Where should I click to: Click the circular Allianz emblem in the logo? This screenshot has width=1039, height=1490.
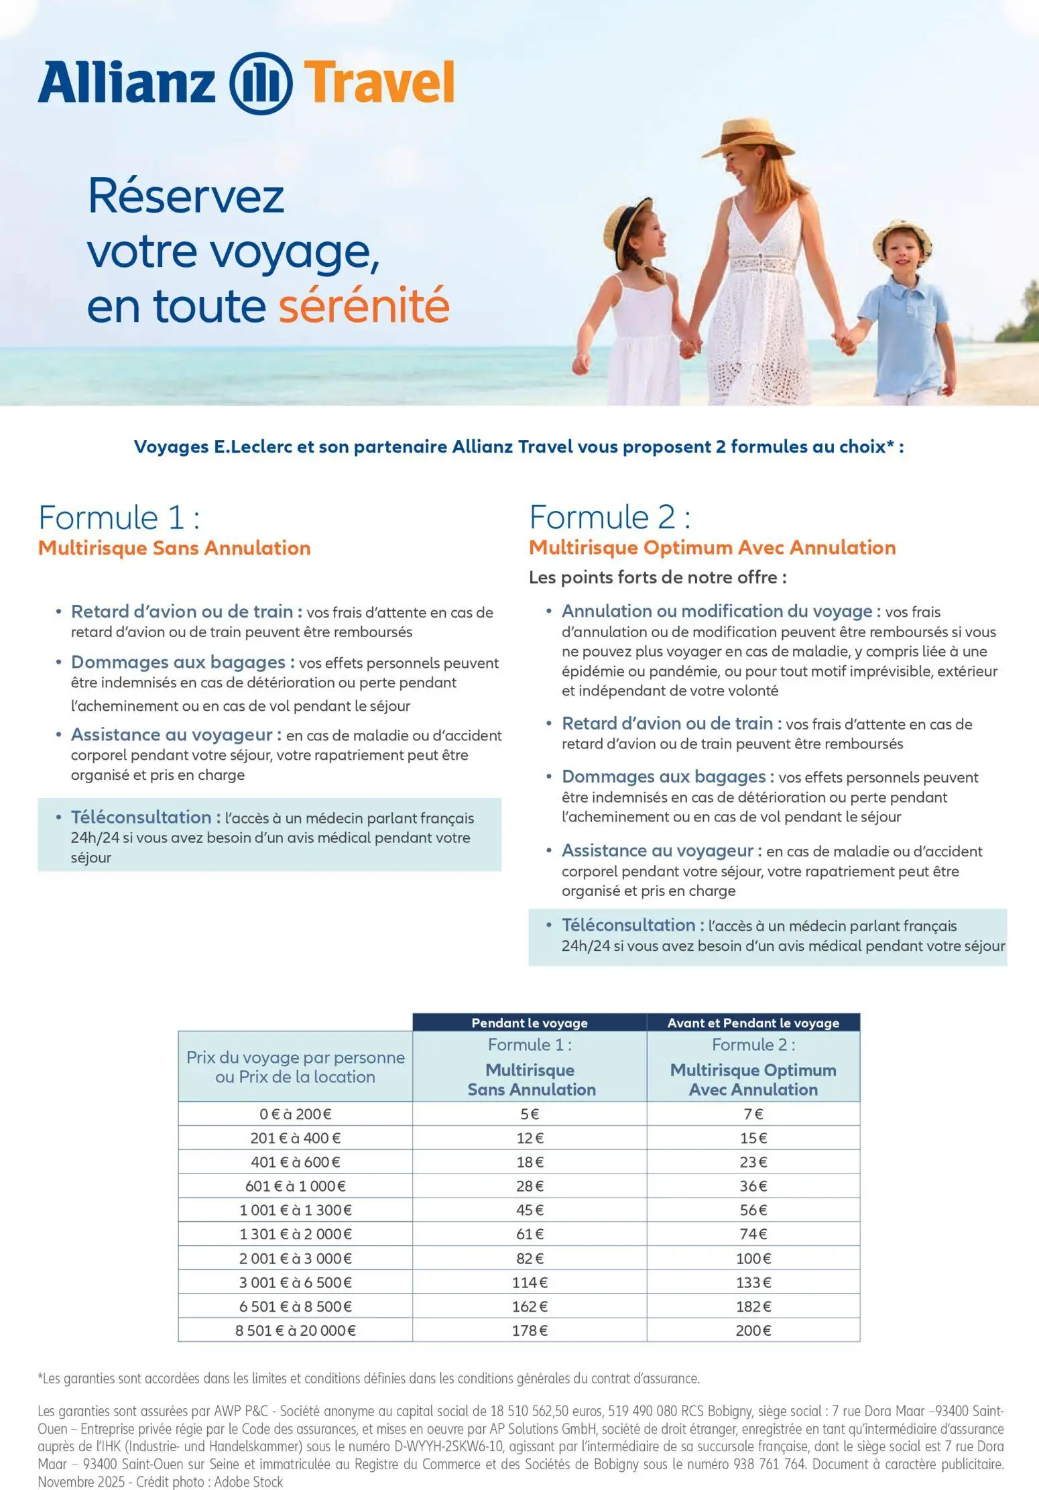(x=261, y=83)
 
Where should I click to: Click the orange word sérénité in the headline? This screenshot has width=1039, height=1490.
(x=363, y=305)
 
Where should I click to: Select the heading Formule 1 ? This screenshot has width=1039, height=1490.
(x=119, y=518)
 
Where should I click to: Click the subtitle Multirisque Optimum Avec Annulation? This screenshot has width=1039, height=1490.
(x=712, y=548)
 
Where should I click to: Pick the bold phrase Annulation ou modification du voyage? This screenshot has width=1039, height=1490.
(x=717, y=611)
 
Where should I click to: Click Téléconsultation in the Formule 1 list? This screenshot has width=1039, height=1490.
(x=141, y=817)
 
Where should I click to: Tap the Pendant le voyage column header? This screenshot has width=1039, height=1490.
(x=529, y=1023)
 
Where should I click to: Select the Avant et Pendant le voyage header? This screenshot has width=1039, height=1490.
(x=753, y=1023)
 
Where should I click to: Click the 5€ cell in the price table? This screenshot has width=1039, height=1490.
(x=530, y=1114)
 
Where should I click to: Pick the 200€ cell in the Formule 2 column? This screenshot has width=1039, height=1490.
(x=753, y=1330)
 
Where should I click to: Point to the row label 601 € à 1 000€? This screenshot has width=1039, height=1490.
(x=295, y=1186)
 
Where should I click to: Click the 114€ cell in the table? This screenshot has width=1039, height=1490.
(x=530, y=1282)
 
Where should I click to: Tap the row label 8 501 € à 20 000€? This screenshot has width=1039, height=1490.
(x=295, y=1330)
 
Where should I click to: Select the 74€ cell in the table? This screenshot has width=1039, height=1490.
(x=753, y=1234)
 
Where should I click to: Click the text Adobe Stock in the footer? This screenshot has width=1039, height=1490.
(x=249, y=1481)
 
